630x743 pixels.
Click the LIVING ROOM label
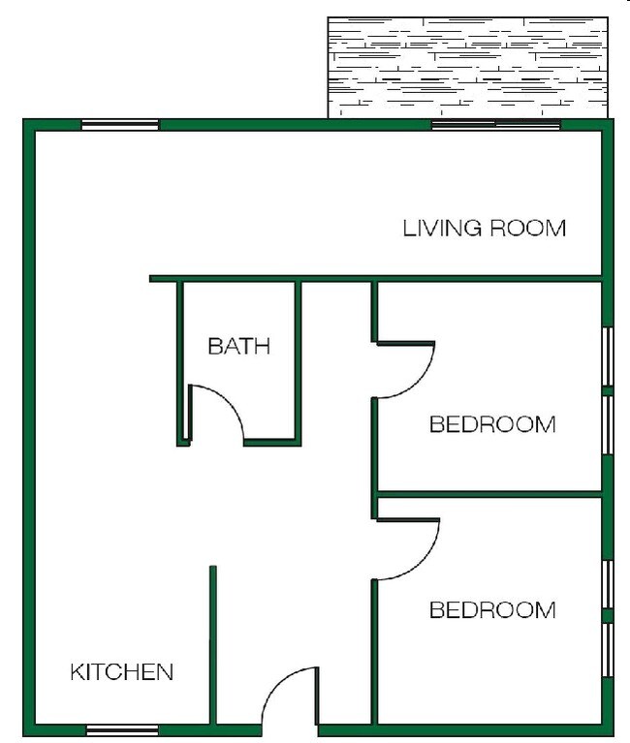coord(484,229)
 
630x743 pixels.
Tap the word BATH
coord(238,346)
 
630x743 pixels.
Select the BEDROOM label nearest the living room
coord(492,424)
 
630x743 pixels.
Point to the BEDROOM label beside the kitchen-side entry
coord(492,610)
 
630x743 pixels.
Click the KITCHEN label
coord(122,671)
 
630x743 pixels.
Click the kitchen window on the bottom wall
coord(122,729)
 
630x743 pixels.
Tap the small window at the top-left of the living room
coord(119,124)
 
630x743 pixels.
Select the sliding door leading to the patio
coord(495,124)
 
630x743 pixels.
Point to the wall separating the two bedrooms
coord(489,494)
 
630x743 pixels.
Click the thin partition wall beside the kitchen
coord(212,644)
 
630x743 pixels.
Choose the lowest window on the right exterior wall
coord(608,649)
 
